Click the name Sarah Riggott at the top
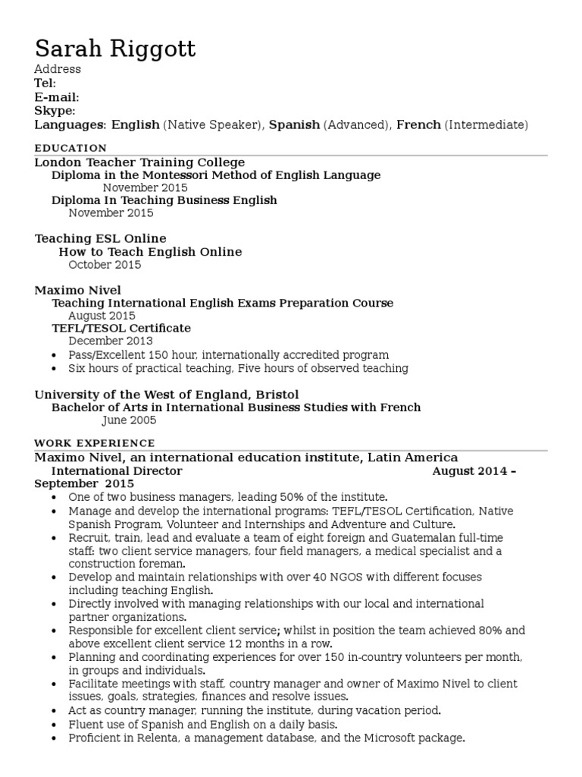click(x=115, y=49)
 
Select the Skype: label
click(x=55, y=111)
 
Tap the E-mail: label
click(x=57, y=97)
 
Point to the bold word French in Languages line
click(x=418, y=124)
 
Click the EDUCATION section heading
click(x=70, y=148)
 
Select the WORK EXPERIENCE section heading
click(x=95, y=443)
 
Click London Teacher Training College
click(x=139, y=162)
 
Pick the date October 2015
click(x=105, y=265)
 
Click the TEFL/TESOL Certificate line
click(x=120, y=329)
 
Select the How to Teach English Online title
click(x=150, y=252)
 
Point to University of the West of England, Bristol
click(x=167, y=395)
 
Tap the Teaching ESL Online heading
click(x=100, y=239)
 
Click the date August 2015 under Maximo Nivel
click(x=102, y=316)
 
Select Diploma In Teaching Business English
click(x=164, y=200)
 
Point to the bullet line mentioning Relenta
click(x=266, y=738)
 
